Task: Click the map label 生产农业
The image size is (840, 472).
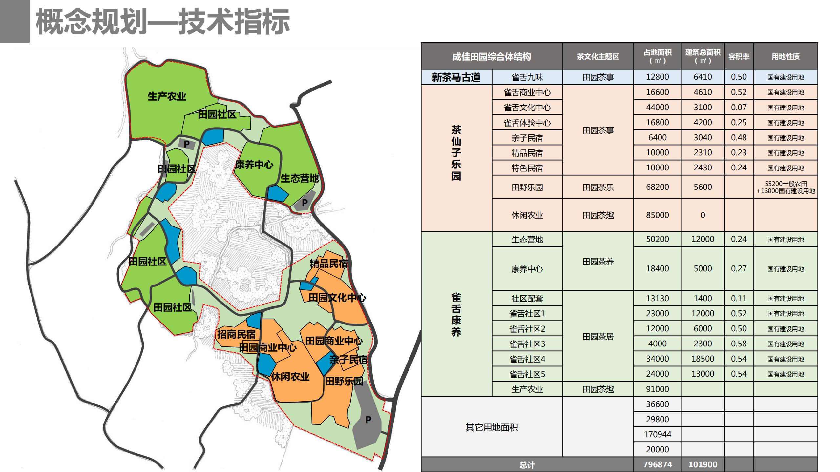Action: coord(167,96)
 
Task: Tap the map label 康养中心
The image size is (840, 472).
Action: coord(254,165)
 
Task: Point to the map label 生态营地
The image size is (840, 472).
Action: coord(299,178)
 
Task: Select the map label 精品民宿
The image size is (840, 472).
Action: coord(328,264)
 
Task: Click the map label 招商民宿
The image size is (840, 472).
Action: coord(236,334)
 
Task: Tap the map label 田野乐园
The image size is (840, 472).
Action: coord(344,381)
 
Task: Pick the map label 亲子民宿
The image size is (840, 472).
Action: coord(348,360)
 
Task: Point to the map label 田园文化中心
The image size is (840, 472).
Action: coord(337,298)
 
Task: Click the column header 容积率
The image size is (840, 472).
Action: coord(739,56)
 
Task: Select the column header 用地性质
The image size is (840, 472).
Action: coord(786,56)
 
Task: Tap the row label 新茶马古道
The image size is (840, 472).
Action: coord(456,77)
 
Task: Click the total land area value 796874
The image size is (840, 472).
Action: coord(657,464)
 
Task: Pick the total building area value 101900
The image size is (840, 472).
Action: coord(703,464)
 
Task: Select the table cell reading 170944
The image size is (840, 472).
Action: coord(657,434)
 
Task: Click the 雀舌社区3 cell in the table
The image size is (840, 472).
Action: coord(527,344)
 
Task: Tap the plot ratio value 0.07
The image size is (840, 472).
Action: coord(739,107)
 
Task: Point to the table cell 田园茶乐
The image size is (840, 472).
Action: coord(598,187)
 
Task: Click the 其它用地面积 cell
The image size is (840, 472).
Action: coord(492,427)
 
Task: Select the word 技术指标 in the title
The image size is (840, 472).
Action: coord(234,22)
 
